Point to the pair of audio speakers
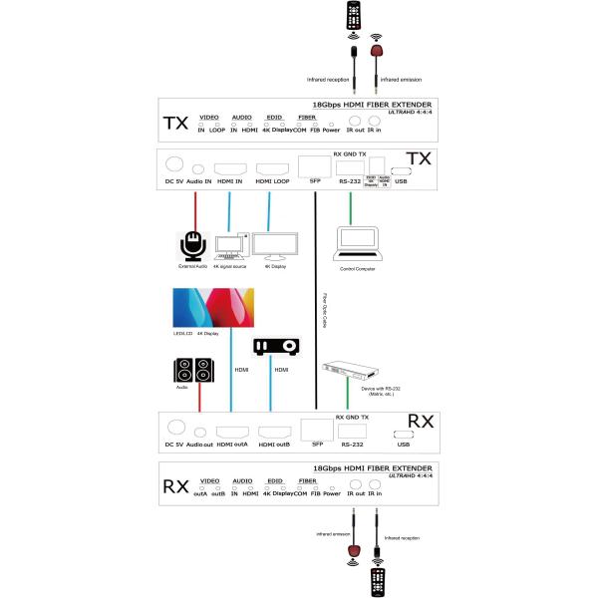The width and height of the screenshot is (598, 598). tap(193, 371)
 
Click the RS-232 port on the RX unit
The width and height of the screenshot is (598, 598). tap(351, 432)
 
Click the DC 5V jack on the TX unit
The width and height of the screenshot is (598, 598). tap(174, 165)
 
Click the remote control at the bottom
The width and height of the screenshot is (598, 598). tap(376, 581)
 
